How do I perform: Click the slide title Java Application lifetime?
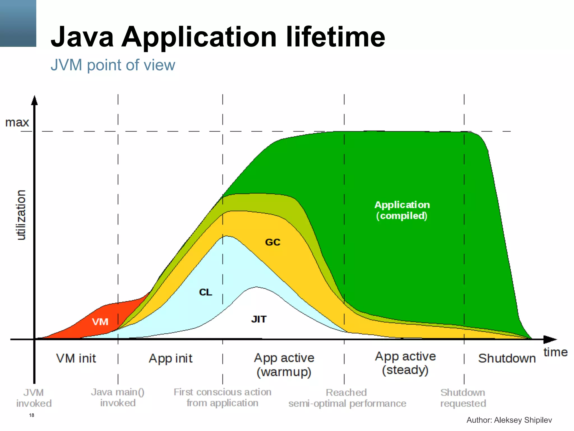tap(218, 37)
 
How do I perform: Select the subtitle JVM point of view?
tap(113, 65)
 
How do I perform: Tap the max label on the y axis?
tap(17, 122)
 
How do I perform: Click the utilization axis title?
tap(21, 215)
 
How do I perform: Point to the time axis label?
tap(555, 352)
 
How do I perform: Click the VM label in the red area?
tap(100, 322)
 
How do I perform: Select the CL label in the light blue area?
tap(205, 292)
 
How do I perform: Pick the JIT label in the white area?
tap(259, 319)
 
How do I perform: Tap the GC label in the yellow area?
tap(272, 242)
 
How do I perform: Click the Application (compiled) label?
tap(402, 210)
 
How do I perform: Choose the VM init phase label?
tap(76, 358)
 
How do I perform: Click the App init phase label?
tap(170, 358)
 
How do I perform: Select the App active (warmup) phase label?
tap(284, 365)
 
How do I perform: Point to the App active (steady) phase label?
tap(405, 363)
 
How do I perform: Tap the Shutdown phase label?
tap(507, 358)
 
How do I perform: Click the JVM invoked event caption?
tap(34, 398)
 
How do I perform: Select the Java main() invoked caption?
tap(118, 397)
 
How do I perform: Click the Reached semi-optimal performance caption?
tap(347, 398)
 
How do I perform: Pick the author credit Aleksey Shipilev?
tap(509, 420)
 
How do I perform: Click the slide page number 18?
tap(32, 415)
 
